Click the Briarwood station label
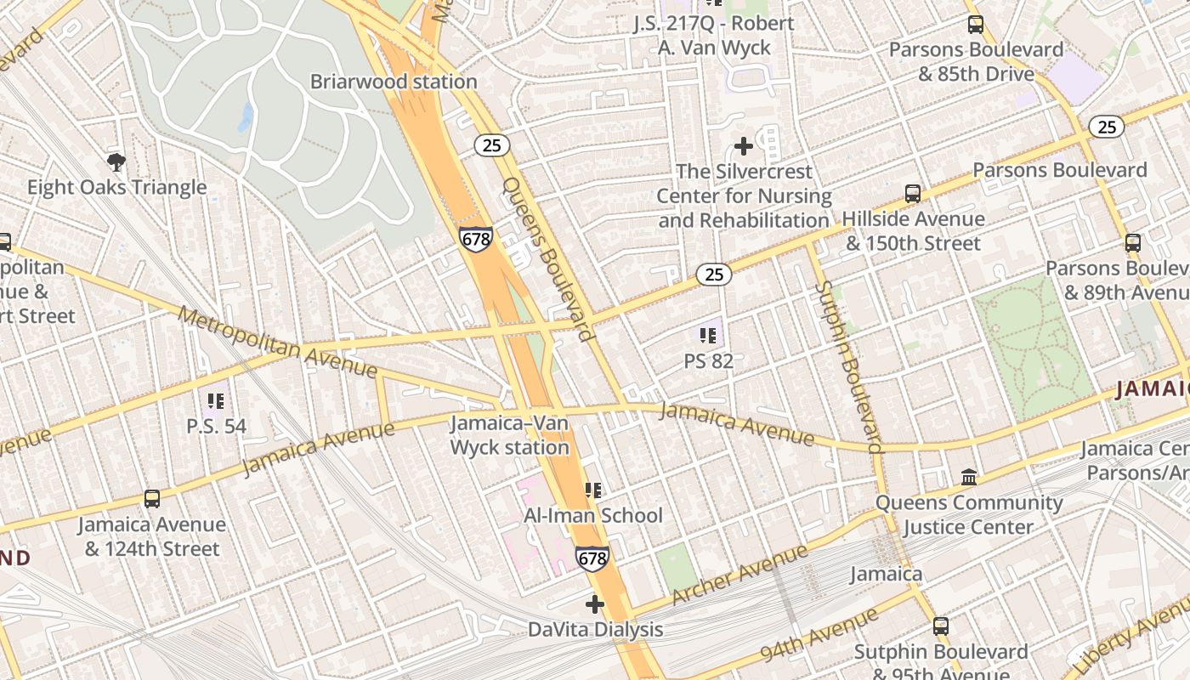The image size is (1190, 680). click(x=394, y=82)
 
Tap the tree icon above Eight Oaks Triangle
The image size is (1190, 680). click(x=116, y=161)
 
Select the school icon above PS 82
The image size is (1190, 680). click(x=708, y=336)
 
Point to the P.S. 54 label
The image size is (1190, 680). click(x=217, y=425)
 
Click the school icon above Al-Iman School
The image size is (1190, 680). click(x=593, y=490)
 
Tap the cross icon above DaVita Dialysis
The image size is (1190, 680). click(x=595, y=604)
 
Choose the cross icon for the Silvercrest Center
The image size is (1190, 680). click(x=744, y=146)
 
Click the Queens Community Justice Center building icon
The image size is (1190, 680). click(x=969, y=477)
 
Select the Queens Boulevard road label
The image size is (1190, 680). click(x=548, y=259)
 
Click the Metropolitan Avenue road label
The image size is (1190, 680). click(x=278, y=342)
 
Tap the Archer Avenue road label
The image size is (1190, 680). click(x=739, y=575)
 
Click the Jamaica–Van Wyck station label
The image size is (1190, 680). click(x=510, y=434)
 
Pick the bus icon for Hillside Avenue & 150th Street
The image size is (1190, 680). click(x=913, y=193)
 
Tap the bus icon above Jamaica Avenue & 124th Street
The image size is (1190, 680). click(x=152, y=499)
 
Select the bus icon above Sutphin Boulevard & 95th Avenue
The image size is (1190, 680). click(x=941, y=626)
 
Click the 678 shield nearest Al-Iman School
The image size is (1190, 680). click(x=592, y=558)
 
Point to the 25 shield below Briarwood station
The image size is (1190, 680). click(x=491, y=145)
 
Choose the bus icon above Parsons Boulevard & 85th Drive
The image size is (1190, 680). click(x=976, y=25)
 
